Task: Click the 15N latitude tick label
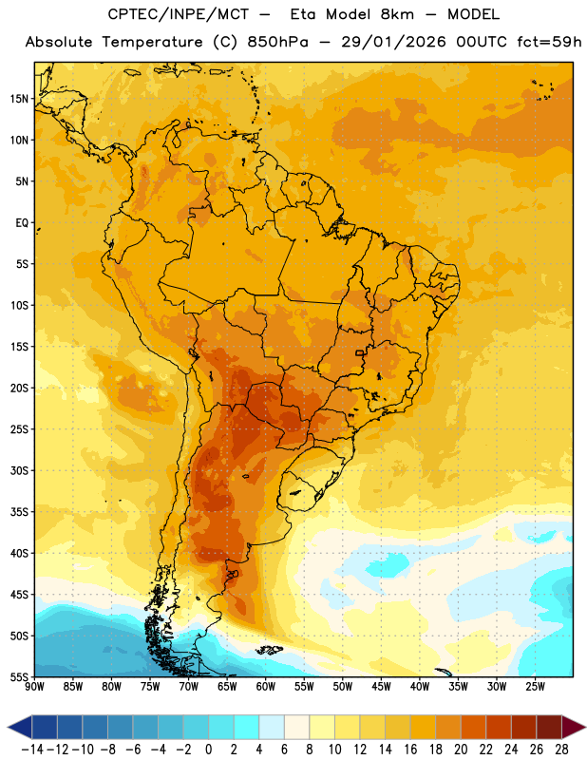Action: pos(19,99)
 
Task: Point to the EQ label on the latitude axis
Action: pos(22,223)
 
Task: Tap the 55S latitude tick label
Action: pos(19,676)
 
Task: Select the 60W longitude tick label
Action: pos(266,686)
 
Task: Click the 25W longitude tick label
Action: pos(535,686)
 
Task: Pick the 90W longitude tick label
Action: pos(34,686)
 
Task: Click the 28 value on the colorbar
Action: pos(561,750)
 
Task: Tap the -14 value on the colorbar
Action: pos(32,750)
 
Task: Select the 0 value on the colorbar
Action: pos(208,750)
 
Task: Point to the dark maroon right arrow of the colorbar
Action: pos(574,727)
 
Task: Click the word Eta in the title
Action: pos(302,14)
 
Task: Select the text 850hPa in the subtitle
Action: pos(277,42)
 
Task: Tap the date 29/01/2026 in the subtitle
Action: pos(393,42)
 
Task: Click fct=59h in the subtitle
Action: pos(549,42)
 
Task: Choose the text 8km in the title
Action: pos(397,14)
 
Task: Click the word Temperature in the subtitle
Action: pos(153,43)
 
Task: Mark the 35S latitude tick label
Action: pos(19,512)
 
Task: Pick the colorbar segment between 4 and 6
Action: pos(272,727)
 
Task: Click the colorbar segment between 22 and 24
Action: pos(499,727)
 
